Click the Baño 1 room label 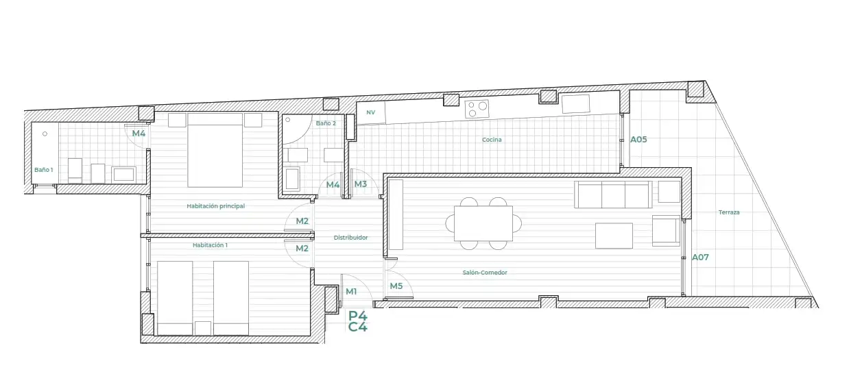tap(43, 170)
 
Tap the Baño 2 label tap(326, 123)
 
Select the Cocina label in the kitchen tap(492, 140)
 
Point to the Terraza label tap(729, 212)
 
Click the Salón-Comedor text tap(485, 273)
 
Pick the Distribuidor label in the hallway tap(350, 238)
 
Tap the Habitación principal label tap(215, 206)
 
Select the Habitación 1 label tap(210, 245)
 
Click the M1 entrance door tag tap(351, 291)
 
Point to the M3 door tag tap(361, 184)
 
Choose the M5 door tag tap(396, 286)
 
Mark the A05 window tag tap(638, 140)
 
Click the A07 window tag tap(700, 257)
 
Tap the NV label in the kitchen tap(370, 112)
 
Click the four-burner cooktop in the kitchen tap(477, 109)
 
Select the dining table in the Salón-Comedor tap(483, 224)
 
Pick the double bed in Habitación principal tap(215, 150)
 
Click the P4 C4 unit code tap(357, 321)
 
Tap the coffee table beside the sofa tap(614, 236)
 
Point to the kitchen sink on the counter tap(575, 104)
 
